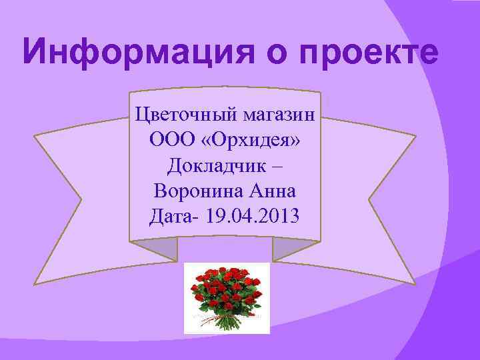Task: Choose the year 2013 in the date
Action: click(x=277, y=216)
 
